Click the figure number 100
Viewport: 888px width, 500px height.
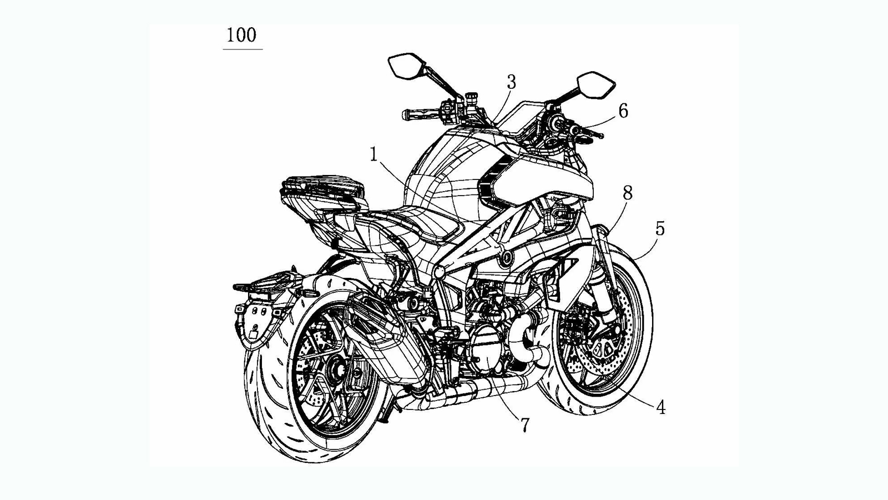pos(241,36)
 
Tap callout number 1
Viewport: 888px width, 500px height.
pos(374,154)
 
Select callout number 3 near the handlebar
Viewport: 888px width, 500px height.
pos(511,82)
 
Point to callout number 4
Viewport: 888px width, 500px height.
pos(660,407)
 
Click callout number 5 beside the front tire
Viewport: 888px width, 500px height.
pos(659,228)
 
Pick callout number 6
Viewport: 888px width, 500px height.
pos(623,111)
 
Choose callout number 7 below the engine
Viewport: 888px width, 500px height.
pos(525,425)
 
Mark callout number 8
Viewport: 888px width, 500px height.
pos(627,193)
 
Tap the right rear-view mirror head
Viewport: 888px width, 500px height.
pos(596,83)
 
